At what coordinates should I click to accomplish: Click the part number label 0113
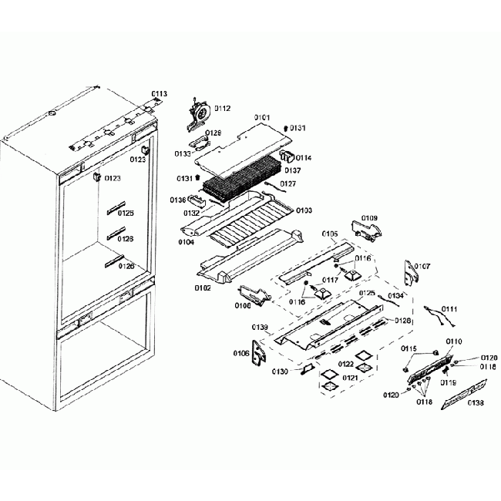pyautogui.click(x=159, y=94)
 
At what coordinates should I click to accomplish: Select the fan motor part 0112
pyautogui.click(x=200, y=111)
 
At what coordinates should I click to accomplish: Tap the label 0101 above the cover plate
pyautogui.click(x=263, y=118)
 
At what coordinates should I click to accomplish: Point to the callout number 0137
pyautogui.click(x=294, y=170)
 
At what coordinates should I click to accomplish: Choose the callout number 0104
pyautogui.click(x=186, y=242)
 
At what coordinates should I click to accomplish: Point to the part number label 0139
pyautogui.click(x=260, y=328)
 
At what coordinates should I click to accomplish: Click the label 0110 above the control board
pyautogui.click(x=455, y=341)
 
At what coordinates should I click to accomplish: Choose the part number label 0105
pyautogui.click(x=329, y=234)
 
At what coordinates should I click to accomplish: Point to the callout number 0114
pyautogui.click(x=304, y=157)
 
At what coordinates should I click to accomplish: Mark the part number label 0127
pyautogui.click(x=287, y=183)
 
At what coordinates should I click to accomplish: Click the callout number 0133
pyautogui.click(x=183, y=153)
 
